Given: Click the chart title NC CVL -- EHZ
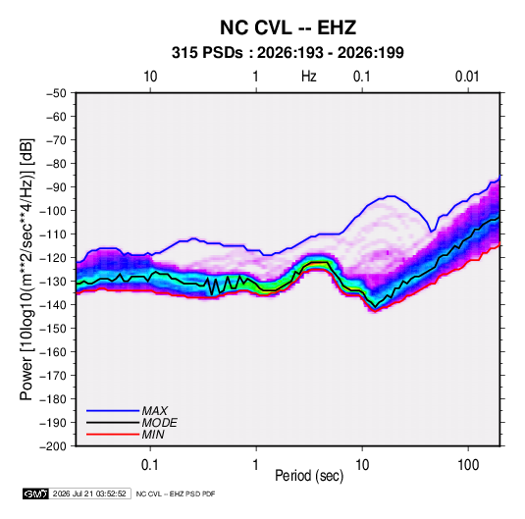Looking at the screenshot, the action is click(x=288, y=27).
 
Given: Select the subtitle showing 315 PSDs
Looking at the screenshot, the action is click(x=288, y=53).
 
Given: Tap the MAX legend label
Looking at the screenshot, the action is click(x=155, y=410).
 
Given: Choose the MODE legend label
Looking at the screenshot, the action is click(x=159, y=423).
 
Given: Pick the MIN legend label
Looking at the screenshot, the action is click(x=153, y=435).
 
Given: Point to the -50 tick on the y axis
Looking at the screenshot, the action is click(x=56, y=93).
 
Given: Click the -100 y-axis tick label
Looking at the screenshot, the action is click(x=54, y=211).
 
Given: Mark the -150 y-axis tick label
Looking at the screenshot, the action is click(x=54, y=329).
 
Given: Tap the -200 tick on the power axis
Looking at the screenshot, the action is click(x=54, y=446).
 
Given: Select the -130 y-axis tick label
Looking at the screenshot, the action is click(x=54, y=282).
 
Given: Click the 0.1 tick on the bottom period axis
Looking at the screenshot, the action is click(x=150, y=465).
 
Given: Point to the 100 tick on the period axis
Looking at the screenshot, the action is click(x=468, y=465).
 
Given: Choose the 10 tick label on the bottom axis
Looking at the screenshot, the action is click(x=362, y=465).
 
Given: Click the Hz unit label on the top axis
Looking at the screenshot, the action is click(x=309, y=77).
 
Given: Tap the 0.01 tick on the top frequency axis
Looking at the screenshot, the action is click(x=467, y=77).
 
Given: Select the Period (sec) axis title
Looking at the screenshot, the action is click(x=309, y=476).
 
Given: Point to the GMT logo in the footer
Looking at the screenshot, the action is click(x=35, y=493).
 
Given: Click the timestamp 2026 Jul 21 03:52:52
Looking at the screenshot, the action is click(x=89, y=493).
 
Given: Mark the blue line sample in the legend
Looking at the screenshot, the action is click(x=113, y=410).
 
